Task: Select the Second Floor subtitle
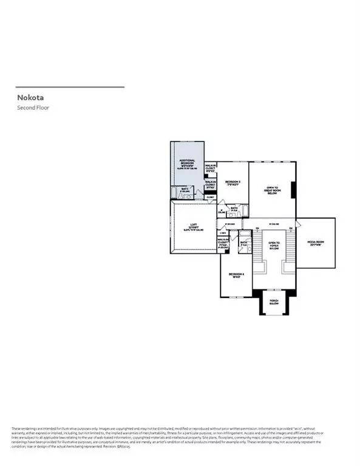click(x=33, y=107)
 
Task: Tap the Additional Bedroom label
click(x=187, y=163)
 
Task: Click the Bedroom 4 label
click(x=236, y=274)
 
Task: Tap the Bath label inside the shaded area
click(x=183, y=190)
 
